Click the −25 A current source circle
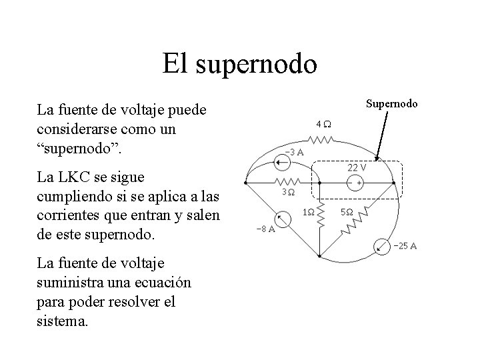[381, 245]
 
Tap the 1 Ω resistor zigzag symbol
[320, 213]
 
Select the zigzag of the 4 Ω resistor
[321, 140]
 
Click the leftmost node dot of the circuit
[247, 181]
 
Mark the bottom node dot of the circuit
[320, 257]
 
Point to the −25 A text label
[405, 247]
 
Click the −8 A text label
[267, 230]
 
